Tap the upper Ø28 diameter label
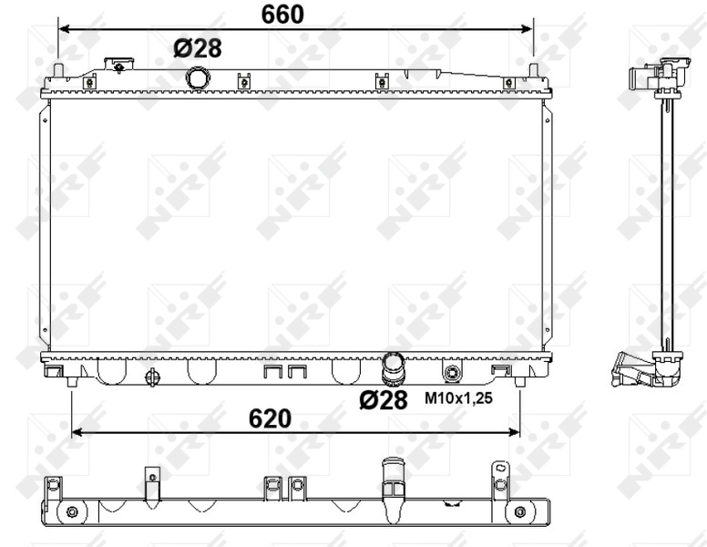point(197,47)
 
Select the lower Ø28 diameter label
point(383,399)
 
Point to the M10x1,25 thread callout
point(458,398)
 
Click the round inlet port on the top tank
point(198,77)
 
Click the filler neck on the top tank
point(118,66)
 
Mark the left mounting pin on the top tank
point(59,71)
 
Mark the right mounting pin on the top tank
point(533,71)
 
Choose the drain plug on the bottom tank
point(152,377)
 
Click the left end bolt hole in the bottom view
point(72,511)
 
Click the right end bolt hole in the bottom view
point(519,511)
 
